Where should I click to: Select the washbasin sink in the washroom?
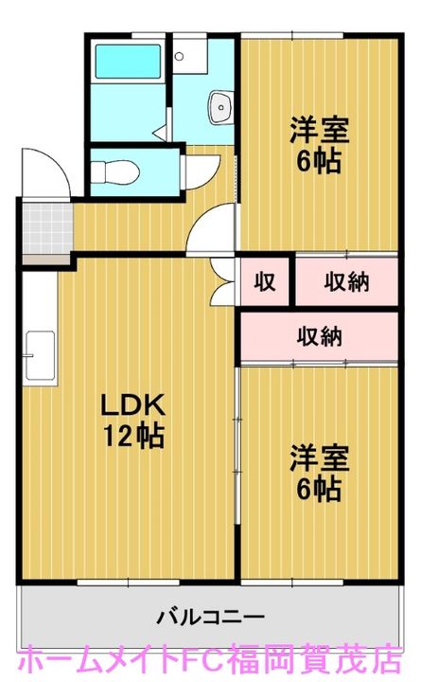point(220,106)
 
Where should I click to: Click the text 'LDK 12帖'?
point(134,422)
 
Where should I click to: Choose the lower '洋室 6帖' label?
point(319,474)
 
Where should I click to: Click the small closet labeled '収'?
point(264,280)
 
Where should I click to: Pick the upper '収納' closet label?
point(347,280)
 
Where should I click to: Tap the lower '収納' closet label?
point(319,335)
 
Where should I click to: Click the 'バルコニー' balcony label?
point(210,617)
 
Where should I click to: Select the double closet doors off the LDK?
point(225,278)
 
